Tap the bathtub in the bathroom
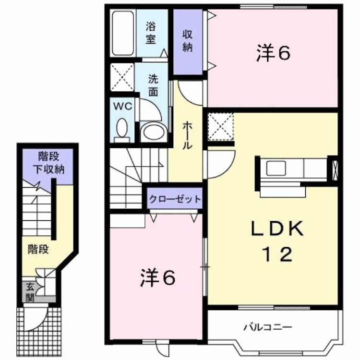[123, 33]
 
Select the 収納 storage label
[187, 41]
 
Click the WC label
[122, 106]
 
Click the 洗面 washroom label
[153, 85]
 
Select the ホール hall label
[187, 136]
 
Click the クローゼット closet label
[175, 199]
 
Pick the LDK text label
[277, 228]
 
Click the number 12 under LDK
[278, 254]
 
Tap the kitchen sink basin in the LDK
[276, 168]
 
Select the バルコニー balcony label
[268, 327]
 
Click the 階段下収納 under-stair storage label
[49, 163]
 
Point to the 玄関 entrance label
[30, 292]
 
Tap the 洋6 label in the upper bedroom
[273, 53]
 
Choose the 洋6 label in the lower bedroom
[158, 278]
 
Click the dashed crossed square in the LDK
[220, 127]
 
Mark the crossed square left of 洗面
[122, 77]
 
